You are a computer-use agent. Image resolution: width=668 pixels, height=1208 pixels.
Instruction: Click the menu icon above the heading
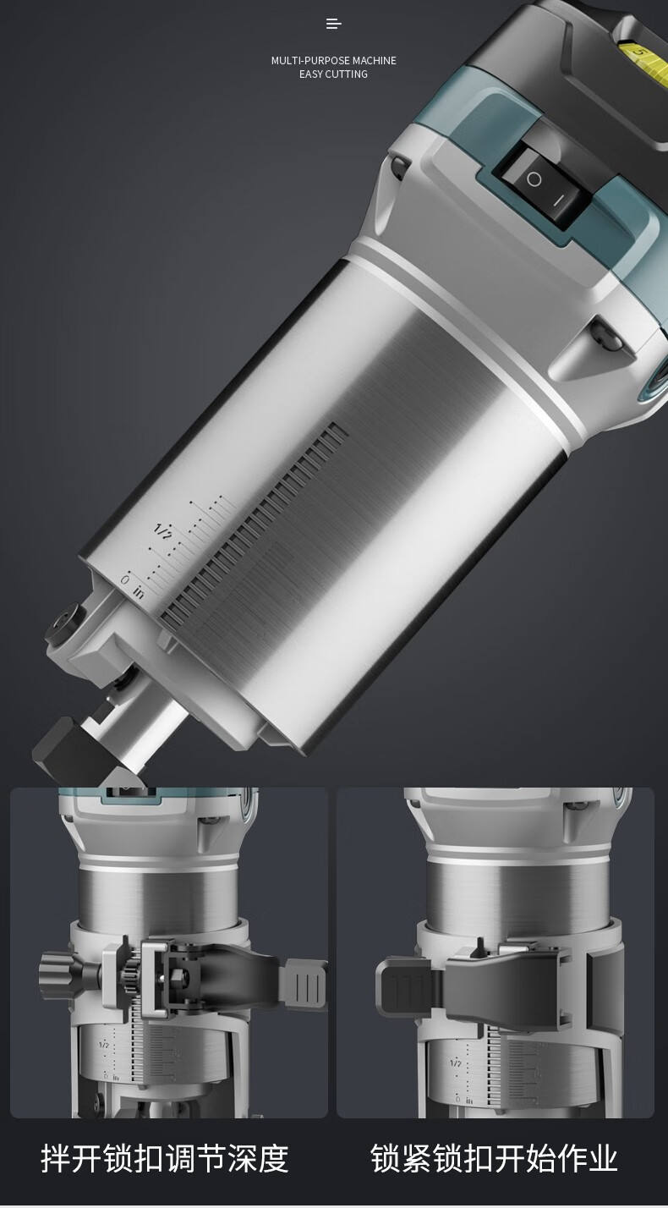coord(334,24)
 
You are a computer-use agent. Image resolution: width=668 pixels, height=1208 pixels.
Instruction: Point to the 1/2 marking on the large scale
coord(163,531)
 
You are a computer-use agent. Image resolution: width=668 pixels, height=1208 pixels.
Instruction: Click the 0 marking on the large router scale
coord(125,580)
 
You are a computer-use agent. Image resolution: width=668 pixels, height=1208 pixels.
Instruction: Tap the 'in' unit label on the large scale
coord(139,593)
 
